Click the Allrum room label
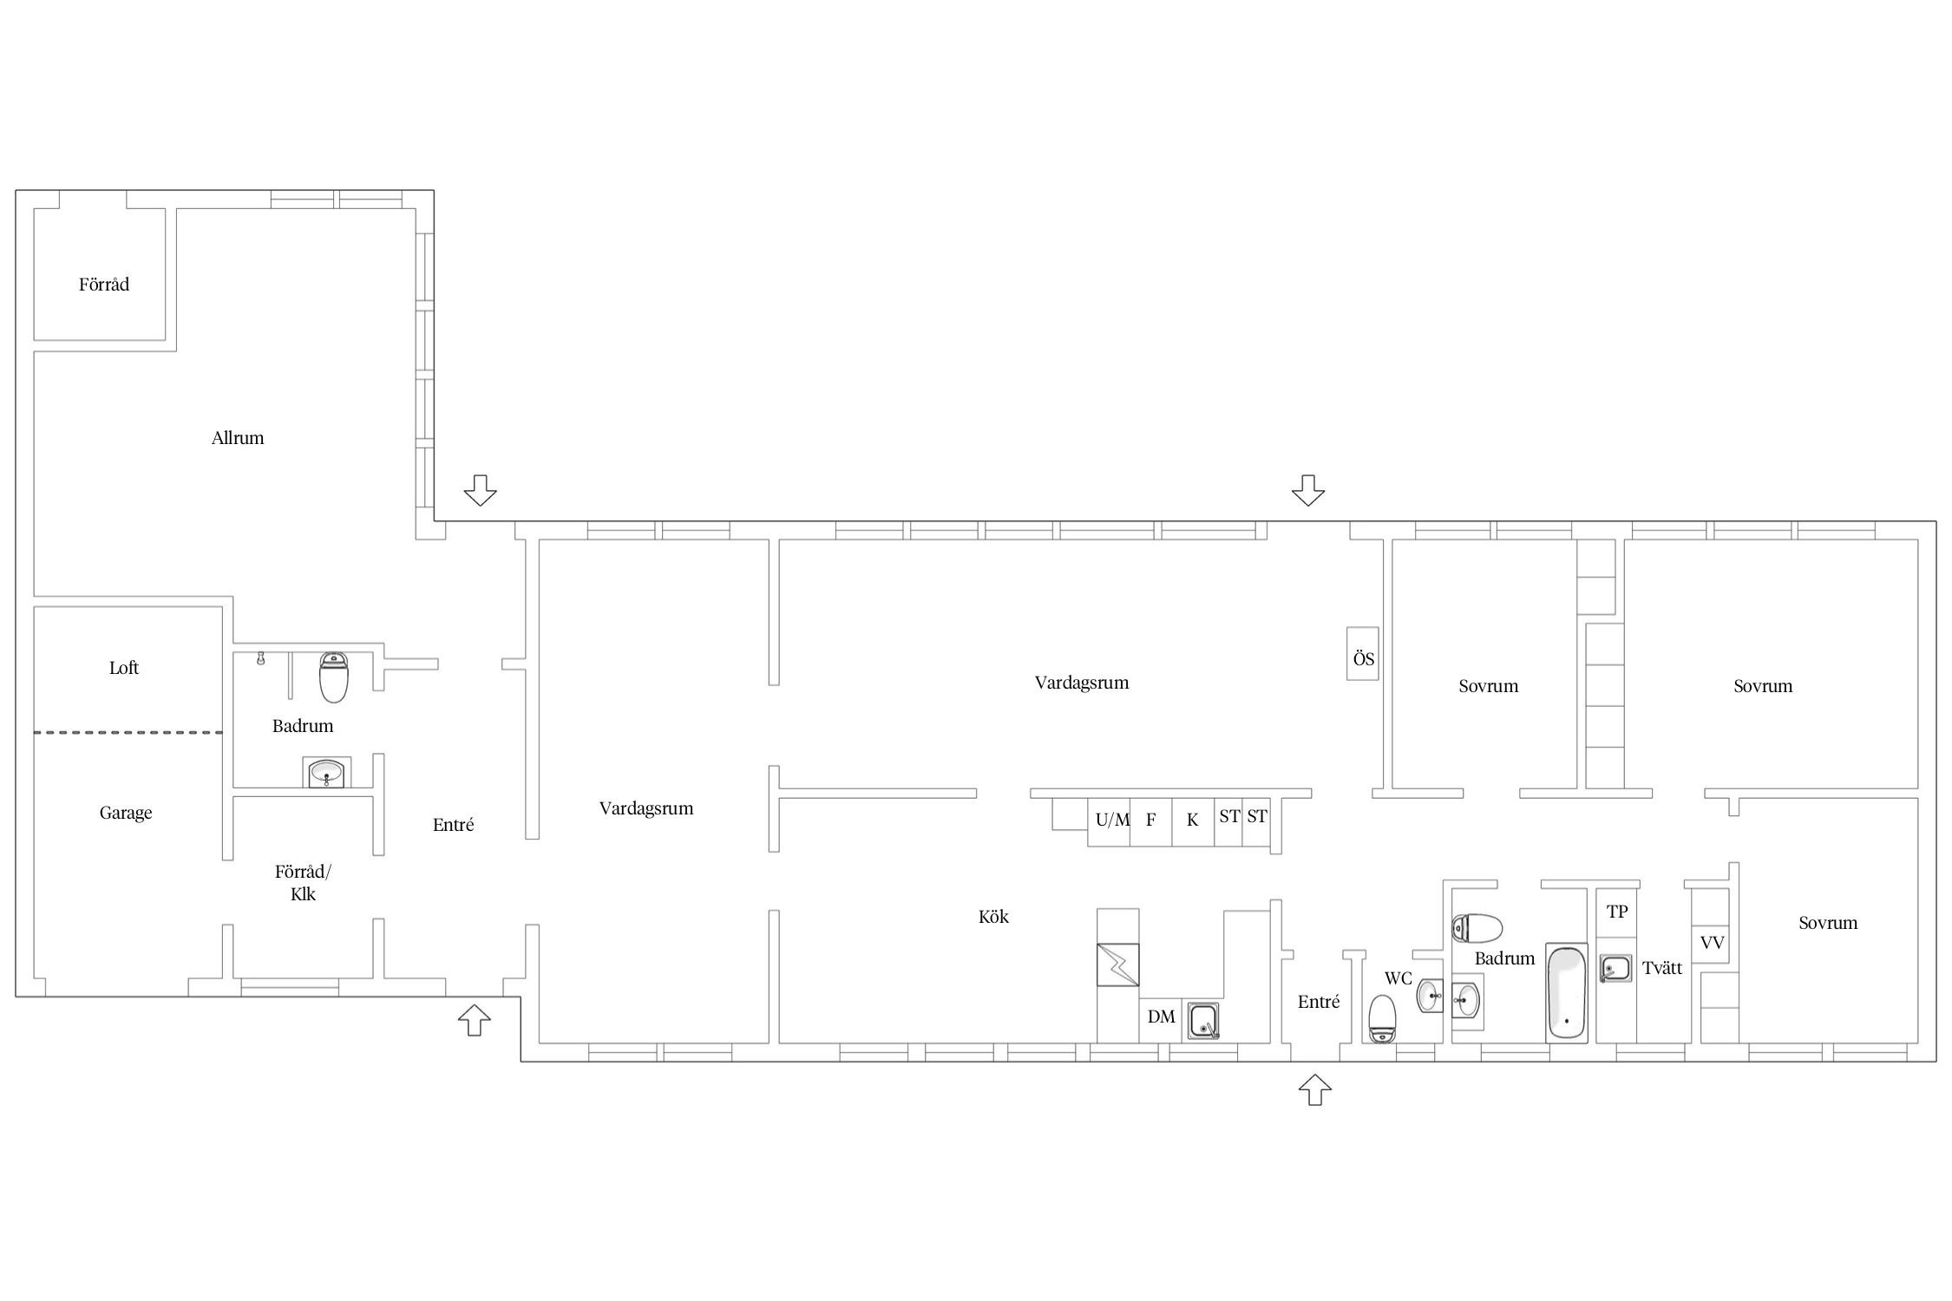pos(238,438)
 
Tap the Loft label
pos(124,668)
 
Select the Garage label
pos(126,813)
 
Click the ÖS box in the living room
pos(1362,653)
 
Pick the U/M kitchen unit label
pos(1112,820)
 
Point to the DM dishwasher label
pos(1161,1017)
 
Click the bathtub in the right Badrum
pos(1567,993)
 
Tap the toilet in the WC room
pos(1381,1019)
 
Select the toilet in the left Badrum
pos(334,677)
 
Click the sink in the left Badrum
pos(326,772)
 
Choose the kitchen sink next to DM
pos(1203,1021)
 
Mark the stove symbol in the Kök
pos(1118,964)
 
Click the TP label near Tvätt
pos(1617,912)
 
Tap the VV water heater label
pos(1712,943)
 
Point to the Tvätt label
pos(1662,969)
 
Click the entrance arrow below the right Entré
pos(1314,1089)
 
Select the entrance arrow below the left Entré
pos(475,1020)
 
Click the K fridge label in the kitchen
pos(1192,820)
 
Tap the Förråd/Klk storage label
pos(303,883)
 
